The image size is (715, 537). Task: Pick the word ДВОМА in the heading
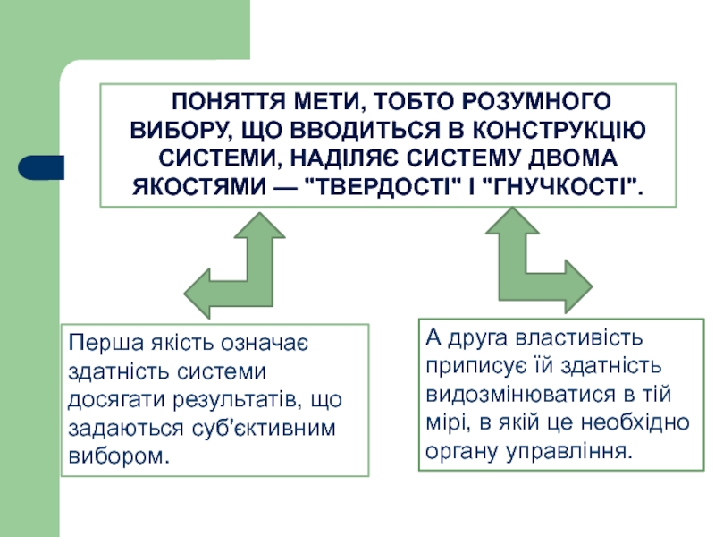(578, 158)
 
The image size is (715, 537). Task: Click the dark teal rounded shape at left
(41, 167)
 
